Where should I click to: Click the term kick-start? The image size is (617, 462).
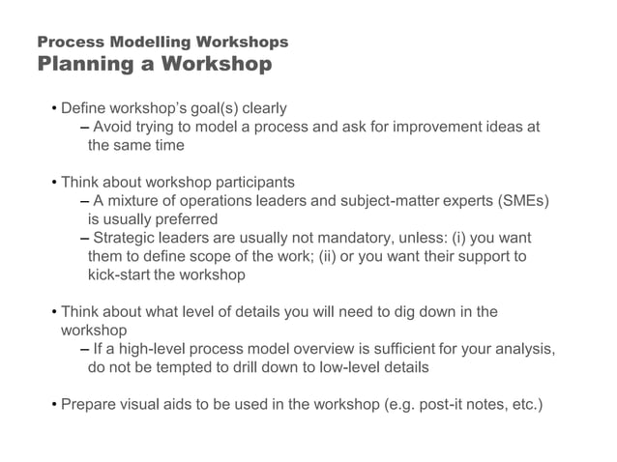118,274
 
